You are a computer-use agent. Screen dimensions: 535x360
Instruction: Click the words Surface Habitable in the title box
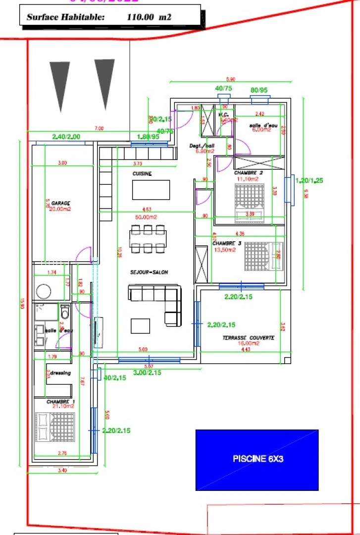[x=65, y=17]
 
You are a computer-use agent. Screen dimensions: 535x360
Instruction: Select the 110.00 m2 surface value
[x=149, y=17]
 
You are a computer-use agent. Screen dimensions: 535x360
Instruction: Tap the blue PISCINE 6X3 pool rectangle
[x=257, y=459]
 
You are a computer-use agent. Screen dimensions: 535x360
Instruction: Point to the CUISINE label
[x=142, y=174]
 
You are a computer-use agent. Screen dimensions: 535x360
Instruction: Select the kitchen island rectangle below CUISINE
[x=151, y=190]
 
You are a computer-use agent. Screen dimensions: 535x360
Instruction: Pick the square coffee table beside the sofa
[x=140, y=325]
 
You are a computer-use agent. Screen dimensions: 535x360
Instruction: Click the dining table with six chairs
[x=147, y=239]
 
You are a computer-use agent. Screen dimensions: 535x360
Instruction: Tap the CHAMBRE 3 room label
[x=227, y=244]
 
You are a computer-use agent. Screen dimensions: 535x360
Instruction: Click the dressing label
[x=60, y=373]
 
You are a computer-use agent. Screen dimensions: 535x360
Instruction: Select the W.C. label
[x=223, y=114]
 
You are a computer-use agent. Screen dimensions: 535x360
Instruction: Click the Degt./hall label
[x=202, y=146]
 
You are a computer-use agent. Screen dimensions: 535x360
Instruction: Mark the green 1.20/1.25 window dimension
[x=309, y=181]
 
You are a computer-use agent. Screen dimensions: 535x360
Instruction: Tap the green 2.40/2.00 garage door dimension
[x=66, y=137]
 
